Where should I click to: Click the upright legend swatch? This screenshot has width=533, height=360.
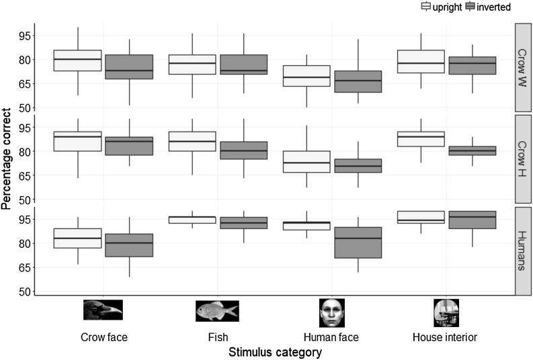coord(425,7)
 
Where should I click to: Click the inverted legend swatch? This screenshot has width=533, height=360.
coord(469,7)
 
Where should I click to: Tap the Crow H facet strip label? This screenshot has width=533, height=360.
coord(522,159)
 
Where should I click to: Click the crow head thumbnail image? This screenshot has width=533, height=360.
coord(103,310)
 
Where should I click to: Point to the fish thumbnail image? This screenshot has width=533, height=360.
coord(217,310)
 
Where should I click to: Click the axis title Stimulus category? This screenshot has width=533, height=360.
coord(274,352)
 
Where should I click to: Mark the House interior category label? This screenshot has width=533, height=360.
coord(446,337)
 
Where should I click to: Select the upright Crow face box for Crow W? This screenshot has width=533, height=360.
coord(77,60)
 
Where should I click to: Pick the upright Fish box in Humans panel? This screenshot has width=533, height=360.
coord(192,220)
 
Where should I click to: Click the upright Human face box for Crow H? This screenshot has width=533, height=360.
coord(306,162)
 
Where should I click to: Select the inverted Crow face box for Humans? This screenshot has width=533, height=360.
coord(129,245)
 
